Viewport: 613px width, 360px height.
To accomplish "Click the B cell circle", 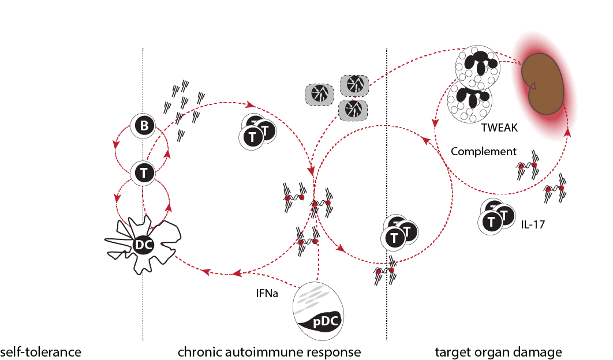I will tap(143, 126).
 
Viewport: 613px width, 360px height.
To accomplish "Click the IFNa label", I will tap(267, 293).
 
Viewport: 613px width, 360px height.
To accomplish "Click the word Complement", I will tap(483, 152).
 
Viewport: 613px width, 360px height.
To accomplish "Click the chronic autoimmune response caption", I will tap(269, 351).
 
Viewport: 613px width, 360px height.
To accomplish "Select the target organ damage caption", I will tap(498, 351).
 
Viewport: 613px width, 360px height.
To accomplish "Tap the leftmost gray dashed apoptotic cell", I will tap(319, 93).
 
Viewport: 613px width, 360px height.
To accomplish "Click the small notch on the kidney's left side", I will tap(534, 87).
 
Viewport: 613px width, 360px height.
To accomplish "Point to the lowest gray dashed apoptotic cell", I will tap(352, 109).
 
